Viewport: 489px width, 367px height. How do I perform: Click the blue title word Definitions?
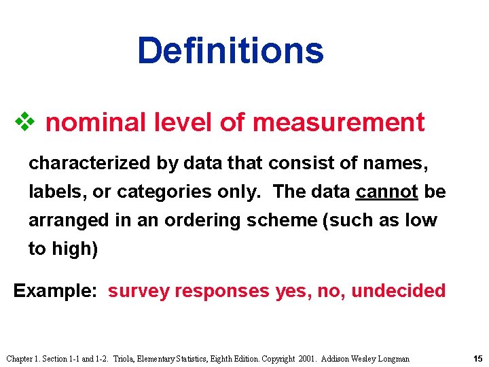tap(230, 50)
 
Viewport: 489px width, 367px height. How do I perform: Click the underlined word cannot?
tap(386, 192)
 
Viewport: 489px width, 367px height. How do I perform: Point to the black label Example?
tap(57, 291)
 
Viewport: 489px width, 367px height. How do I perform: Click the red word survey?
tap(139, 291)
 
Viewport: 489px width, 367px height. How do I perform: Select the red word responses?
tap(222, 291)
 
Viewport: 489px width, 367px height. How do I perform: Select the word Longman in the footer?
tap(393, 358)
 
